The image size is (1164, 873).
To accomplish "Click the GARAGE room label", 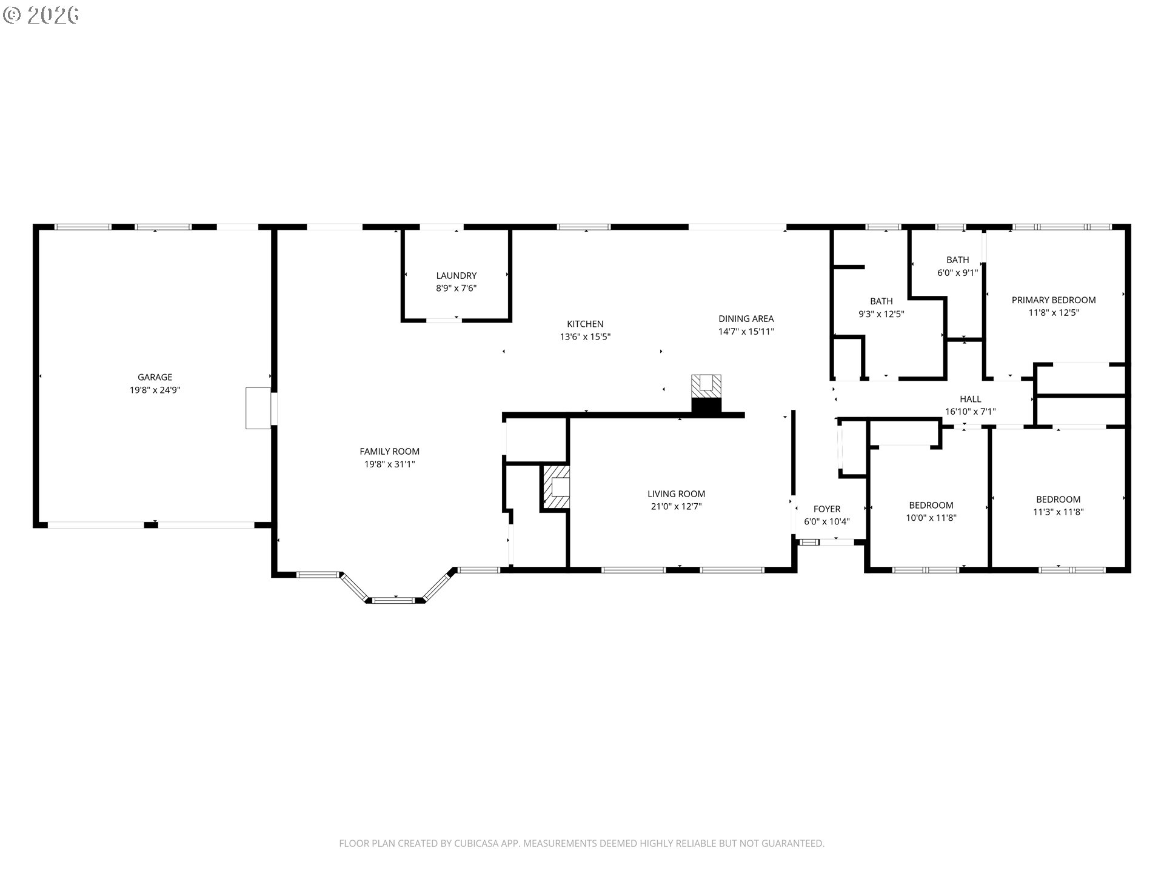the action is [x=155, y=377].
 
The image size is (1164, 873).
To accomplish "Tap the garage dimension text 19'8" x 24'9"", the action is [x=155, y=390].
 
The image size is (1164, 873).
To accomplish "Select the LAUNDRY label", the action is [x=456, y=276].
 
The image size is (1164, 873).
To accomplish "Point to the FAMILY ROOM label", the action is [x=389, y=452].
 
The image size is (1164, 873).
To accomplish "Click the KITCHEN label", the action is [x=585, y=324].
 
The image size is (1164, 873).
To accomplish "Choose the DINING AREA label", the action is [x=746, y=319].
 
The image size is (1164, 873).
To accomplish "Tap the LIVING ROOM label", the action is [x=676, y=494].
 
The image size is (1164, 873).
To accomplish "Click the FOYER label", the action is [x=827, y=509].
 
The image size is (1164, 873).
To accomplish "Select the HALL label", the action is [x=970, y=399].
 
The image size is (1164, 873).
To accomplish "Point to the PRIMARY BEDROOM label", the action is [x=1054, y=300].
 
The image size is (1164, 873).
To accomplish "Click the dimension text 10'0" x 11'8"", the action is [x=931, y=518].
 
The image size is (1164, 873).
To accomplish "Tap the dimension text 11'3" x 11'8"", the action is [x=1058, y=512].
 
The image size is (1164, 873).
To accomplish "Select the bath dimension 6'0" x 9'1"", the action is [x=957, y=273].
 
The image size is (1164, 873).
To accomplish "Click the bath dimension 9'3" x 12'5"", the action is [x=881, y=314].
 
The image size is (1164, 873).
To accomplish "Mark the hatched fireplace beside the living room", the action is [x=556, y=487].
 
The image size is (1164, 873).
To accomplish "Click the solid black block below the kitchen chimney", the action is [x=707, y=406].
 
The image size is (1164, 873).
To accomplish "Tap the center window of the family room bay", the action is [x=393, y=600].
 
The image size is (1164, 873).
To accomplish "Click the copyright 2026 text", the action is [x=41, y=15].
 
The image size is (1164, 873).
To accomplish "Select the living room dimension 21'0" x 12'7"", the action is [x=676, y=507].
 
